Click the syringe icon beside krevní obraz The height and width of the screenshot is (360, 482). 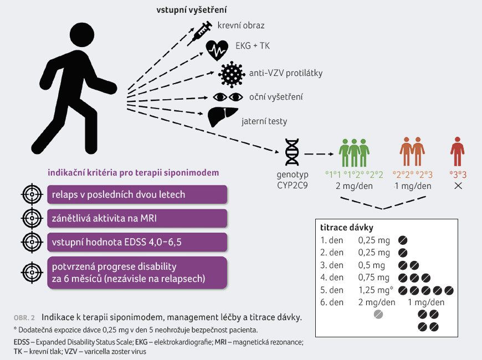coord(200,33)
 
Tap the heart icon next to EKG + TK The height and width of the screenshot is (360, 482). coord(217,50)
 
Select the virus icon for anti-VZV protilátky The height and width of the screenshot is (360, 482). coord(231,74)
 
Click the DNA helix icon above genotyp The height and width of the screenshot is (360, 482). coord(292,152)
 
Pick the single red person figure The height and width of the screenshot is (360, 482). coord(458,152)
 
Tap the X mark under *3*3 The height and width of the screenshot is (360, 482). coord(458,186)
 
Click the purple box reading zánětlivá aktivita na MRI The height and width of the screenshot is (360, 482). coord(137,218)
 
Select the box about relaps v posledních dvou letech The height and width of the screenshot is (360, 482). coord(137,194)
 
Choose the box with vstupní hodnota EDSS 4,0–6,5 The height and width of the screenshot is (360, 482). coord(137,242)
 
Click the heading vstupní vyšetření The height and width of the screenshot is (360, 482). coord(192,10)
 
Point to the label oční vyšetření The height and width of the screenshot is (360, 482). coord(276,97)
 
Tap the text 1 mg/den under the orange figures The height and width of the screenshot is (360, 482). coord(413,186)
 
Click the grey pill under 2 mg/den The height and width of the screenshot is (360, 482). coord(378,315)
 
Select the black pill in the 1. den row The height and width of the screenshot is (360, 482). coord(403,240)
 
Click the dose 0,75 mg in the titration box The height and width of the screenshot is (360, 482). coord(373,277)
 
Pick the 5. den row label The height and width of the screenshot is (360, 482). coord(332,290)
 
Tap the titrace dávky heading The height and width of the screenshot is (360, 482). coord(347,228)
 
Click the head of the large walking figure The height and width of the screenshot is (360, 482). coord(82,35)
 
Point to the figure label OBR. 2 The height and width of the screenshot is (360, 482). coord(24,317)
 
